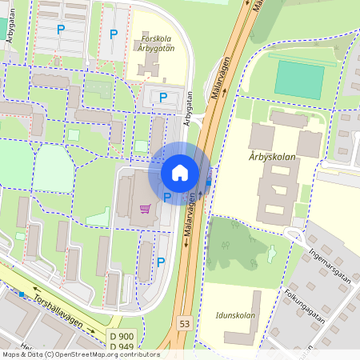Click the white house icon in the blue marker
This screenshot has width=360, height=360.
click(180, 172)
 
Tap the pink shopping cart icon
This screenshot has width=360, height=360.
click(145, 209)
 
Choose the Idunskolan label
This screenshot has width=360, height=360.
click(235, 315)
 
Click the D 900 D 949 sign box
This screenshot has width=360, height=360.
click(121, 340)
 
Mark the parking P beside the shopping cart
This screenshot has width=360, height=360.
click(167, 197)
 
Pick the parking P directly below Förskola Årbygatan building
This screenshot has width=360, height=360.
click(163, 98)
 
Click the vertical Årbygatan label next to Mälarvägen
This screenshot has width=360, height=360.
click(189, 108)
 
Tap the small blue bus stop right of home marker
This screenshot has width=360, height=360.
click(209, 182)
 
